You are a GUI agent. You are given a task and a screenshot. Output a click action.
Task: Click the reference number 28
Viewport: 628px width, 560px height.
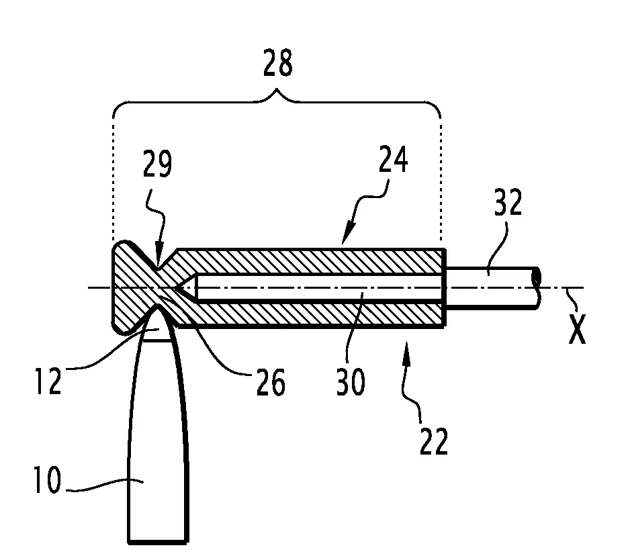click(x=277, y=63)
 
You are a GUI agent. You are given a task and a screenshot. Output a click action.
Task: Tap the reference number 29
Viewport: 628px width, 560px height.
click(x=157, y=163)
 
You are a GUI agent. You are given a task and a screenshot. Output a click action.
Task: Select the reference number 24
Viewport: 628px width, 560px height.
click(x=394, y=159)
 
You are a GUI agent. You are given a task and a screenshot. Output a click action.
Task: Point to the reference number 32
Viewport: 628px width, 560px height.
click(x=508, y=202)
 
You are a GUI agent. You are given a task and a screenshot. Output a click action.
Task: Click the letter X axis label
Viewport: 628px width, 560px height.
click(x=577, y=329)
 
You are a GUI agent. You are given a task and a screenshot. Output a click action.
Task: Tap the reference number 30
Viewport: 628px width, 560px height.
click(x=351, y=382)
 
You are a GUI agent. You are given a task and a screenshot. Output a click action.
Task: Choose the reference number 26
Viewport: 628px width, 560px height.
click(x=271, y=382)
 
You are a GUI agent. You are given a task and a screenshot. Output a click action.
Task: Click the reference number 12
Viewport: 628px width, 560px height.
click(x=48, y=381)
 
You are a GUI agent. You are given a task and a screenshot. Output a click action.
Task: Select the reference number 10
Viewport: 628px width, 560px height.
click(x=48, y=479)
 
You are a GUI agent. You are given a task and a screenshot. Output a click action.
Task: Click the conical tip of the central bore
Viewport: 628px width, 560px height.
click(x=175, y=287)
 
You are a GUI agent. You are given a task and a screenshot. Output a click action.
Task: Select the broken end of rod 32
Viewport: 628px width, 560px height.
click(x=537, y=288)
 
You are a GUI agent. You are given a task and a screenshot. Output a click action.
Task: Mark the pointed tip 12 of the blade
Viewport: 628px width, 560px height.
click(x=159, y=306)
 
